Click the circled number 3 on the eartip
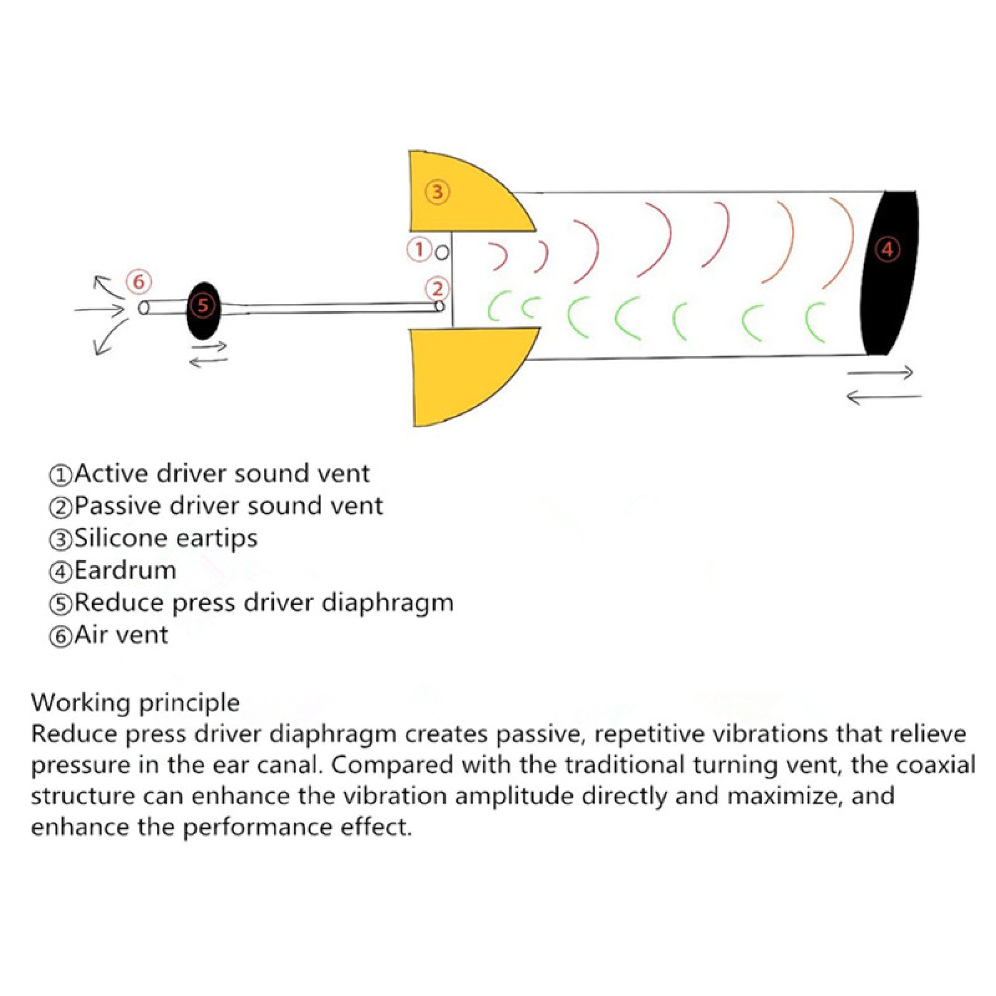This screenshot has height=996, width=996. [x=437, y=192]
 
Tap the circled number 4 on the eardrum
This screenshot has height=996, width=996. [x=887, y=249]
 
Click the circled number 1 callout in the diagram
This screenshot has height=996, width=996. [x=419, y=249]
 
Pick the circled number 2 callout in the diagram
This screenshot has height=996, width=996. [x=437, y=289]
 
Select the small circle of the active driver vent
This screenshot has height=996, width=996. [x=442, y=252]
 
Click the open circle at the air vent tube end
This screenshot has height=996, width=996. [x=144, y=308]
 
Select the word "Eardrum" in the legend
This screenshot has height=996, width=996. [x=125, y=571]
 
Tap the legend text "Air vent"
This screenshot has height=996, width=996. [x=121, y=635]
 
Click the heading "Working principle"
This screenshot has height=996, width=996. [x=135, y=702]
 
